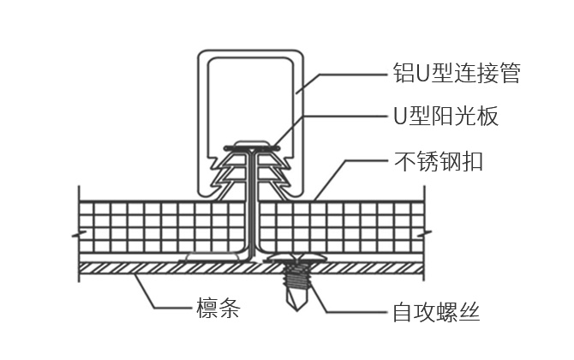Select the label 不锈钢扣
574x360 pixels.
(x=437, y=160)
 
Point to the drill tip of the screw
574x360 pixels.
(x=295, y=296)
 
